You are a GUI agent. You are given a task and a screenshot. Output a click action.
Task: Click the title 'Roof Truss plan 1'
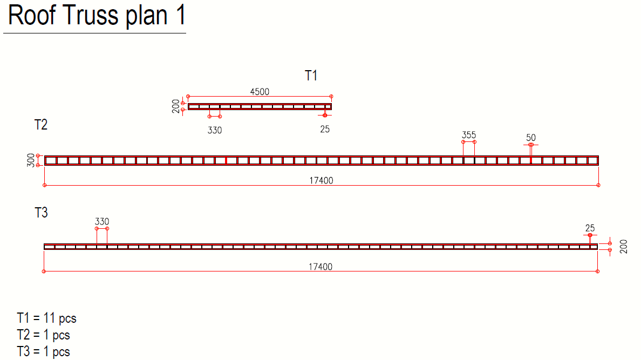(97, 16)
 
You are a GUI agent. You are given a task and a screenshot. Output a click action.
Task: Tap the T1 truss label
(311, 76)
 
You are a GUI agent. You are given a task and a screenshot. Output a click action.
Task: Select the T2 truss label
(41, 124)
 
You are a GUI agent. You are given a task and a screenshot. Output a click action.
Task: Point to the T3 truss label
(41, 213)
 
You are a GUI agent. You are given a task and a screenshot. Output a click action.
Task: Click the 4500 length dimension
(260, 92)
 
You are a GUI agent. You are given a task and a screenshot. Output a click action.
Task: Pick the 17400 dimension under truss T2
(322, 180)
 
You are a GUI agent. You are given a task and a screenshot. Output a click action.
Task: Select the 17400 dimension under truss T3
(320, 267)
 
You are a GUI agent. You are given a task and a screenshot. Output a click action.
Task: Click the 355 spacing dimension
(469, 135)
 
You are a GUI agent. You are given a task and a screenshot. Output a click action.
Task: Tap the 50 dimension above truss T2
(530, 138)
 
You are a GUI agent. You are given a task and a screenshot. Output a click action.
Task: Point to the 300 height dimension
(31, 160)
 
